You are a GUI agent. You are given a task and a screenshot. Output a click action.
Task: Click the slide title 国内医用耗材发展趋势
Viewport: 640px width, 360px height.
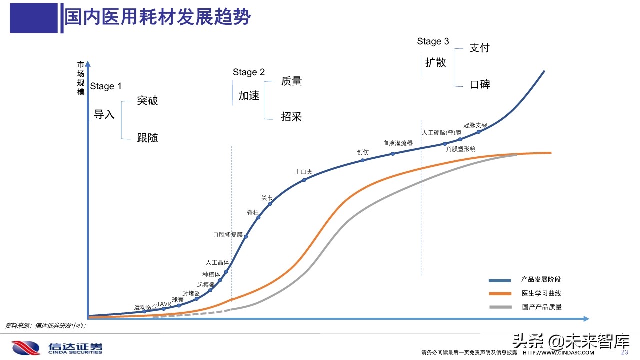tap(157, 17)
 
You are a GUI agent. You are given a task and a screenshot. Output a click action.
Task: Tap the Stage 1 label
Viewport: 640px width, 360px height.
tap(106, 86)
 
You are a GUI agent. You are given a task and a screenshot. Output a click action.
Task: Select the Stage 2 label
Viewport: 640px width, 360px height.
tap(249, 72)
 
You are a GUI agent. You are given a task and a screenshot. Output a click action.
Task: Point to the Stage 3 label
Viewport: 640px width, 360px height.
tap(433, 41)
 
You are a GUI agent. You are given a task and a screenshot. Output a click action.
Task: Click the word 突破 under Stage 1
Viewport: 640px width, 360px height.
tap(147, 100)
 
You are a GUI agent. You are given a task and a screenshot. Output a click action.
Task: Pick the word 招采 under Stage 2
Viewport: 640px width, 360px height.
tap(291, 117)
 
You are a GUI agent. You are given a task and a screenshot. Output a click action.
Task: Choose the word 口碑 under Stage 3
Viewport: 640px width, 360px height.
tap(480, 84)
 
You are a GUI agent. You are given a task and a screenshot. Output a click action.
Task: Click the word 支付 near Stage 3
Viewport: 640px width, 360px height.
tap(479, 48)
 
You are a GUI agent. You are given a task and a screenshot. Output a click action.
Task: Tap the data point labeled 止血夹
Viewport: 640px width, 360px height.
tap(304, 180)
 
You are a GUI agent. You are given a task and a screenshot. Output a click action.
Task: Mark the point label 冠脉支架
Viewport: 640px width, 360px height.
tap(475, 125)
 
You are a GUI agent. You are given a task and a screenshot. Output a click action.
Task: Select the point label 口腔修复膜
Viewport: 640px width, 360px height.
tap(227, 234)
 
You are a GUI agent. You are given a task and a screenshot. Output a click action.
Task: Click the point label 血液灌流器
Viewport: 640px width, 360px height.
tap(398, 143)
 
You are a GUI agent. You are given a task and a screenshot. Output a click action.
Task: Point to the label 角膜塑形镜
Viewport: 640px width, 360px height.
tap(461, 149)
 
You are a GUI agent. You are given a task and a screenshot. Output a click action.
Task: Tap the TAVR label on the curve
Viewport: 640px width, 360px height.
tap(164, 304)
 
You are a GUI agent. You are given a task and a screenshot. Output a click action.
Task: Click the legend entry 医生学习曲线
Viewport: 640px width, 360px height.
tap(541, 293)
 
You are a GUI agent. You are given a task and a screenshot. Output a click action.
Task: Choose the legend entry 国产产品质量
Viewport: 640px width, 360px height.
tap(541, 307)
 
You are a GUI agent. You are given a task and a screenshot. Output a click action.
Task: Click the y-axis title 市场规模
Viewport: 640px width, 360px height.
tap(81, 78)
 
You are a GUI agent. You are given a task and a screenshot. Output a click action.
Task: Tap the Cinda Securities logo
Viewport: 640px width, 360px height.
tap(57, 348)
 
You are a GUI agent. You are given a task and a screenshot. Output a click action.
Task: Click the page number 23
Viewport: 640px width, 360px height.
tap(624, 352)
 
